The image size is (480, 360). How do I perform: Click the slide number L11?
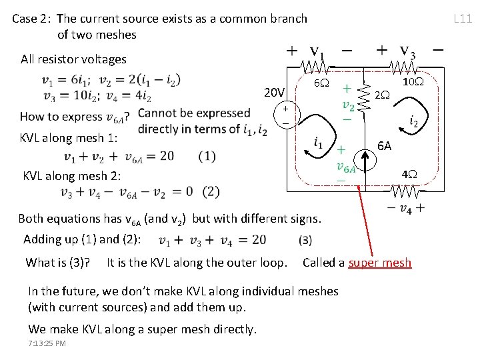[x=463, y=18]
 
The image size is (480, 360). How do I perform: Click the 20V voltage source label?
[x=274, y=92]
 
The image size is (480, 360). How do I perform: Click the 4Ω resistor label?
[x=408, y=174]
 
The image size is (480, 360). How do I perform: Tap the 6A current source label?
[x=385, y=145]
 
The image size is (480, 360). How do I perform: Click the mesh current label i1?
[x=319, y=142]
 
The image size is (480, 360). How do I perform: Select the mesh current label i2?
[x=413, y=122]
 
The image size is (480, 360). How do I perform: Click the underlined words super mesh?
[x=380, y=263]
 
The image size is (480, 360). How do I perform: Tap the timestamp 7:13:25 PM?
[x=47, y=343]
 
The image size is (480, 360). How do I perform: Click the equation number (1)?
[x=207, y=156]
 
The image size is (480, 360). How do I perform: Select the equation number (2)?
[x=211, y=191]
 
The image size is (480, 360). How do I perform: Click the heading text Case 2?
[x=32, y=19]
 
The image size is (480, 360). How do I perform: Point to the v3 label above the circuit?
[x=406, y=51]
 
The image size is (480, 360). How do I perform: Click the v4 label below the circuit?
[x=405, y=209]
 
